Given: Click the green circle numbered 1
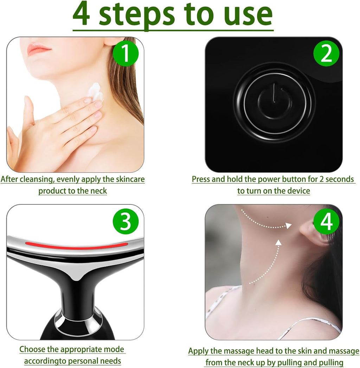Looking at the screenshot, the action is (x=126, y=53).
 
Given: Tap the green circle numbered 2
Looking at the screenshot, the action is (x=326, y=53).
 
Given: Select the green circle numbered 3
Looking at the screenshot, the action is (x=126, y=221).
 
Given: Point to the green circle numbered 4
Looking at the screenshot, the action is (x=326, y=221).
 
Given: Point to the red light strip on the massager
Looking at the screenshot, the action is (x=76, y=246).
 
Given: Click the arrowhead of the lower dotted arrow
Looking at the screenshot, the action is (x=278, y=242).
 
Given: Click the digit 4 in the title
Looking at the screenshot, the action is (x=81, y=14).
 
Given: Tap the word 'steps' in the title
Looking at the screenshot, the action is (x=137, y=15).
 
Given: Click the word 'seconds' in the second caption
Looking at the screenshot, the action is (x=340, y=179).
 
